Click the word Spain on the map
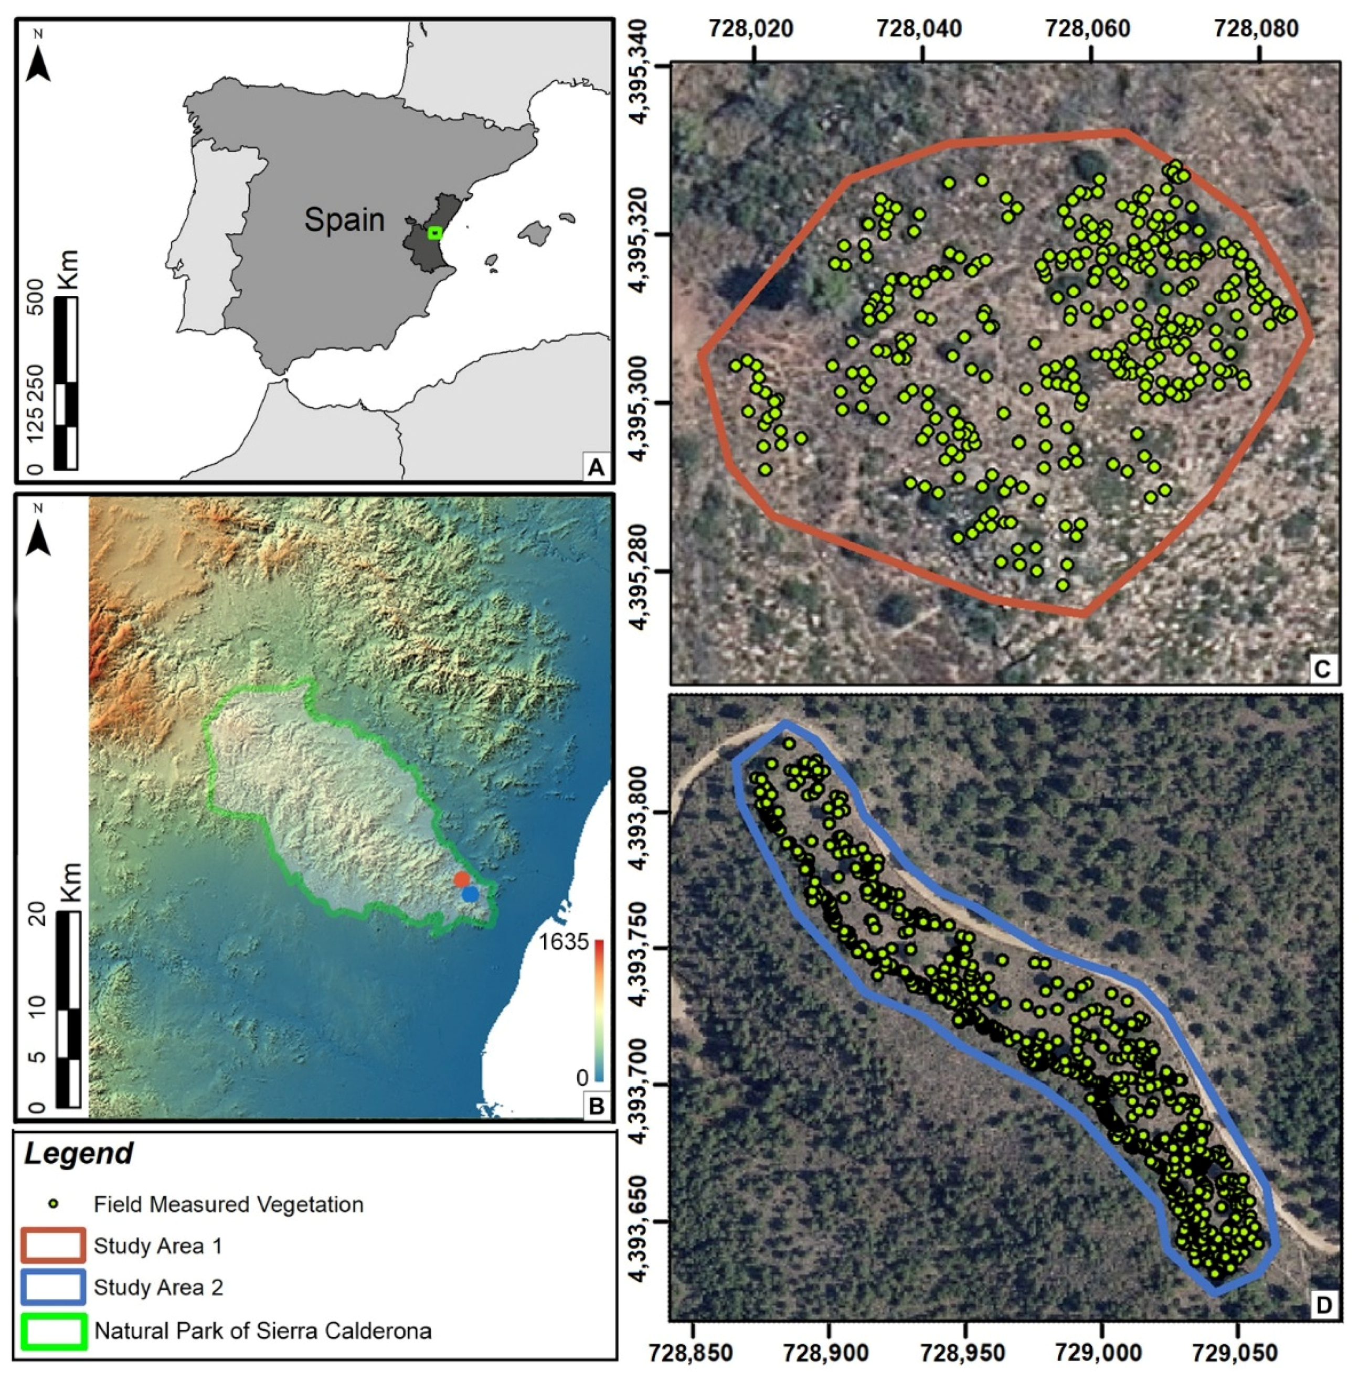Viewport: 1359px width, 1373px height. click(344, 220)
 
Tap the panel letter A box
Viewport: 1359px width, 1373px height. click(594, 467)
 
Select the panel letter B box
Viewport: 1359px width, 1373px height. click(594, 1104)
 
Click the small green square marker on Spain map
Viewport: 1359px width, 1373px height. click(435, 233)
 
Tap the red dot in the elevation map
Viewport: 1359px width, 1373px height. click(462, 879)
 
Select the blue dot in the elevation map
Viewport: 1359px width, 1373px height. click(470, 895)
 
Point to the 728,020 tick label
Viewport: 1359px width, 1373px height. click(755, 29)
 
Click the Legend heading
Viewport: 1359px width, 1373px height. click(78, 1153)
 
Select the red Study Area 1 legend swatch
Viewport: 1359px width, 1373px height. click(54, 1246)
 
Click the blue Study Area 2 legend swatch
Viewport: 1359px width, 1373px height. click(54, 1287)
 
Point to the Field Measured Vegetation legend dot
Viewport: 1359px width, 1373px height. click(54, 1205)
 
